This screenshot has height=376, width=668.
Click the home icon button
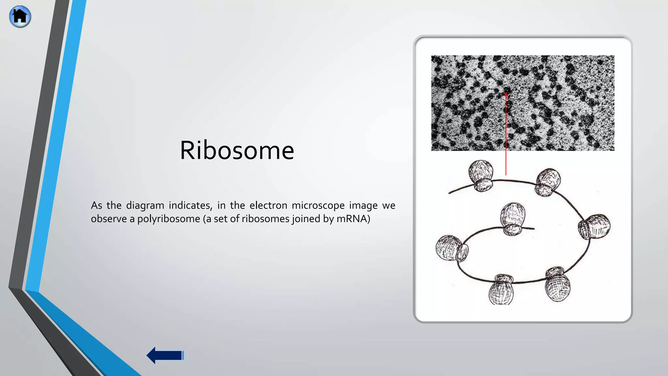point(20,16)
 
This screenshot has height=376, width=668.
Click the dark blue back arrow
point(165,355)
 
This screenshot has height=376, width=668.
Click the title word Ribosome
point(237,150)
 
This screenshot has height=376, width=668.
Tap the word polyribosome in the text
point(169,219)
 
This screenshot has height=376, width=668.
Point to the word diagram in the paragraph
point(145,206)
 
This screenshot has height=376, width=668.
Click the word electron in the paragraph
point(268,206)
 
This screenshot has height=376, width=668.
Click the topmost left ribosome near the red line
point(481,175)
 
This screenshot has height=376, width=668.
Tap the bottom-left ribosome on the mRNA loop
point(502,290)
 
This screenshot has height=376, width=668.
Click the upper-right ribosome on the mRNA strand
point(548,182)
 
